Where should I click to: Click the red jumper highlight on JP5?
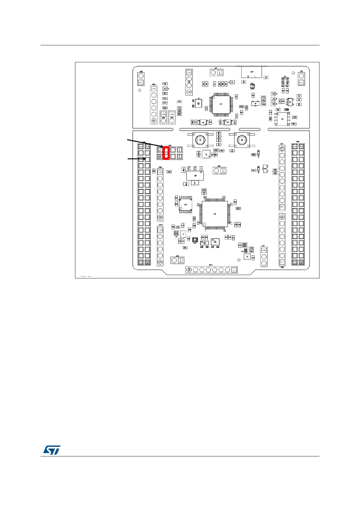point(166,153)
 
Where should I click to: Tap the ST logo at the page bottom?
point(52,450)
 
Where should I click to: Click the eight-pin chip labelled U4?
point(282,119)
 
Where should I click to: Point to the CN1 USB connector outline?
point(251,72)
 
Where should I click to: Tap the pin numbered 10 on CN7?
point(282,149)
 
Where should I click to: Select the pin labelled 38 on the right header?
point(301,262)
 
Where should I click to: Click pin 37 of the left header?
point(141,262)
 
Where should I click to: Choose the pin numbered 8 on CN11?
point(189,270)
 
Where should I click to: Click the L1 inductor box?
point(183,234)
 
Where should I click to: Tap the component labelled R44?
point(185,248)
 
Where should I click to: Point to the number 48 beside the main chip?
point(205,197)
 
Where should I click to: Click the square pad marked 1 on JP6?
point(223,171)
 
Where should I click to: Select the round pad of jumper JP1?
point(213,73)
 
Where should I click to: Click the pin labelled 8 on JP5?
point(160,156)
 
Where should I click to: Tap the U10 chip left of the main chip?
point(185,205)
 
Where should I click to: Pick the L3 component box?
point(247,257)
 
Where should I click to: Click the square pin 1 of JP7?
point(263,251)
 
